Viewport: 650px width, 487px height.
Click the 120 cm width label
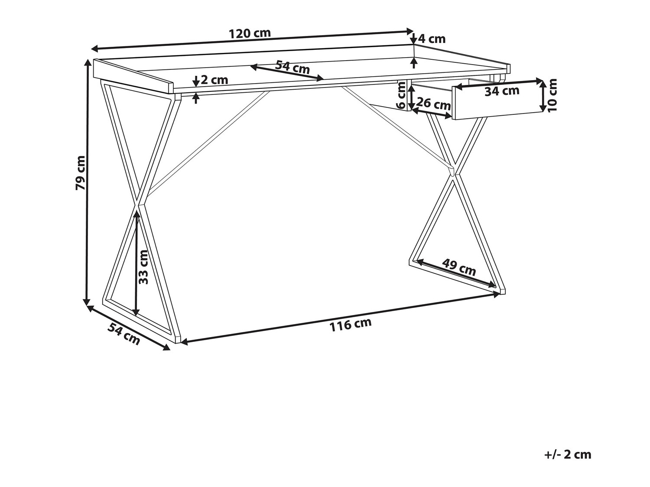click(250, 33)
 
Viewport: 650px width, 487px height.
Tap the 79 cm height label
click(81, 172)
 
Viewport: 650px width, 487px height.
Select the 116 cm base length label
click(351, 325)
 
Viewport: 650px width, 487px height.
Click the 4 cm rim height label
click(432, 39)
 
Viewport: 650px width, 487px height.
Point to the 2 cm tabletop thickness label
click(214, 80)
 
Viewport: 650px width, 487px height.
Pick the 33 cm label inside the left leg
click(144, 267)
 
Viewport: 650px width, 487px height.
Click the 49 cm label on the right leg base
click(459, 267)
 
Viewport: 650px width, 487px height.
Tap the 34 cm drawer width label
click(501, 91)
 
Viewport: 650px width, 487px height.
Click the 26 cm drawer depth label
click(433, 104)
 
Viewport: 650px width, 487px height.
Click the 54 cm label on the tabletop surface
click(292, 67)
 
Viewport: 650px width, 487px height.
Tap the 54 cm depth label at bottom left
click(124, 334)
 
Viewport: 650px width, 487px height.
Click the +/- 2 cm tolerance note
click(568, 455)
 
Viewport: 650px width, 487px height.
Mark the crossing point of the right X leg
click(453, 173)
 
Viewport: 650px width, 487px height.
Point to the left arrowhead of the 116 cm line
click(183, 343)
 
